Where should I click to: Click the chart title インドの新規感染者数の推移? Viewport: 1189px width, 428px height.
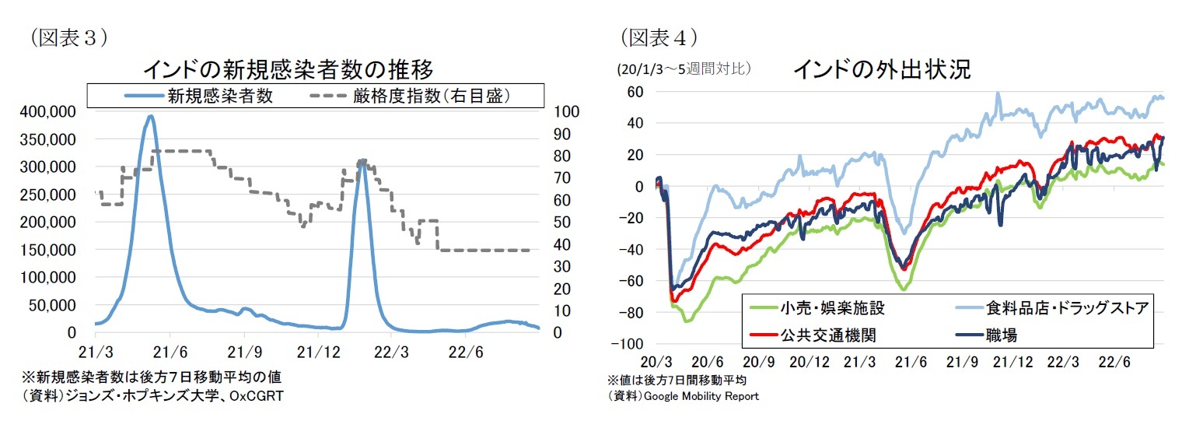point(288,69)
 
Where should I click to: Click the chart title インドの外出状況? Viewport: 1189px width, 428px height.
point(881,69)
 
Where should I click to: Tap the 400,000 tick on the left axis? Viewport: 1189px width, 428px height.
point(49,112)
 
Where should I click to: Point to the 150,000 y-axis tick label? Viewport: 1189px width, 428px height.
point(49,250)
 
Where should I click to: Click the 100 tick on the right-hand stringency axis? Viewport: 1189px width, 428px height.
point(565,112)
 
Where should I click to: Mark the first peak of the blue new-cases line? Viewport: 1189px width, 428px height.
point(149,117)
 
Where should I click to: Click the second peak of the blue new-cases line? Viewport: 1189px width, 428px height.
point(362,161)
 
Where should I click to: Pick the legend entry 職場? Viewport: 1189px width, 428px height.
point(1003,335)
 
